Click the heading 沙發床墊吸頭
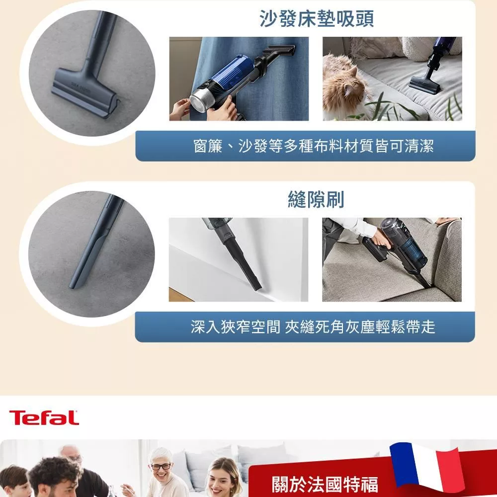pos(316,18)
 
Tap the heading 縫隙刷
pos(316,199)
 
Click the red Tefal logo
pos(44,417)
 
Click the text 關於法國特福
pos(325,484)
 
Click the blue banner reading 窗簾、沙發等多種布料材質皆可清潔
pos(305,146)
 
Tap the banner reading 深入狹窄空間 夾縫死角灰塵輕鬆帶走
pos(305,327)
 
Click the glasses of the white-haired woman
pos(161,466)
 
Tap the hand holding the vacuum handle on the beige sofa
pos(381,240)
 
